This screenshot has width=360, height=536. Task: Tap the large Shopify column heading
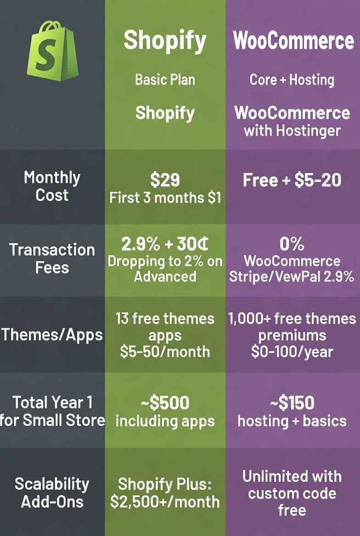(165, 40)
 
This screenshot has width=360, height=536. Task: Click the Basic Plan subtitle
(165, 79)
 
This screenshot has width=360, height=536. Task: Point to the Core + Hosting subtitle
(292, 79)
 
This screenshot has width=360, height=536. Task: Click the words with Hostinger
(292, 130)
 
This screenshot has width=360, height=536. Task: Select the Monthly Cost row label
(52, 186)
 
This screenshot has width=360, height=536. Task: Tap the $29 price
(165, 180)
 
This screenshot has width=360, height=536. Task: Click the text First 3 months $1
(165, 198)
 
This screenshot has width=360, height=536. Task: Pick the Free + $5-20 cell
(292, 180)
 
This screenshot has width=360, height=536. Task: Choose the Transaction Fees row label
(52, 258)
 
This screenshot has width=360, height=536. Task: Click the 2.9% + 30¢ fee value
(165, 244)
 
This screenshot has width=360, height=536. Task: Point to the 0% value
(292, 244)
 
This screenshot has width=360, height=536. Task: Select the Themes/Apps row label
(52, 335)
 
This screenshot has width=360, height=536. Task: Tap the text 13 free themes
(165, 318)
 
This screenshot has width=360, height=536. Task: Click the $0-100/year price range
(292, 352)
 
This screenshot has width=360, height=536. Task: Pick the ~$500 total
(165, 403)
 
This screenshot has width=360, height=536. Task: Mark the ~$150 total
(292, 403)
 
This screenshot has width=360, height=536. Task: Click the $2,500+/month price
(165, 501)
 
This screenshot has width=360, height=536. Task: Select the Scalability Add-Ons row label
(52, 492)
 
